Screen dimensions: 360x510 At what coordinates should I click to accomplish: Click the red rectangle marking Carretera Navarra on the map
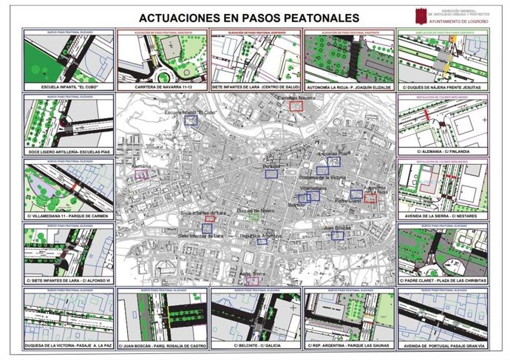tap(297, 106)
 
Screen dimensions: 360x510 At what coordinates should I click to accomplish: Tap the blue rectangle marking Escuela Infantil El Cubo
tap(192, 120)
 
